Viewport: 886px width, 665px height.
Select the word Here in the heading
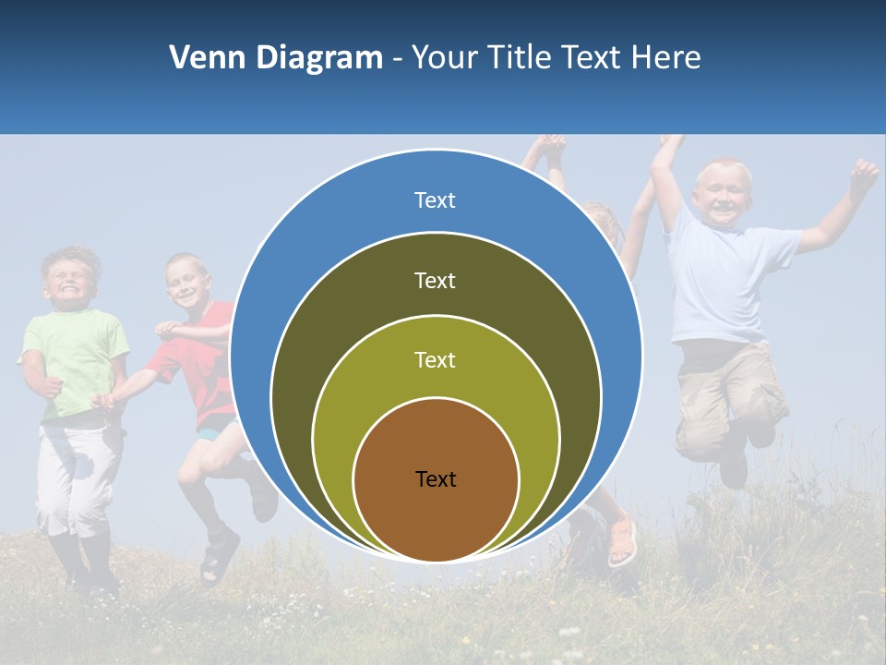click(x=665, y=58)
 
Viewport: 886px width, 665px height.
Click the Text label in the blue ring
click(x=435, y=200)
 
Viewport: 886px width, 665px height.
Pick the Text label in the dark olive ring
click(x=435, y=280)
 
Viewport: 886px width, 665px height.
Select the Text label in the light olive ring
click(x=435, y=359)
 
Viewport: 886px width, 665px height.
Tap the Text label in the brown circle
click(x=435, y=478)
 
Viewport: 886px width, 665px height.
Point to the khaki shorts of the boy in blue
click(x=729, y=393)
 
